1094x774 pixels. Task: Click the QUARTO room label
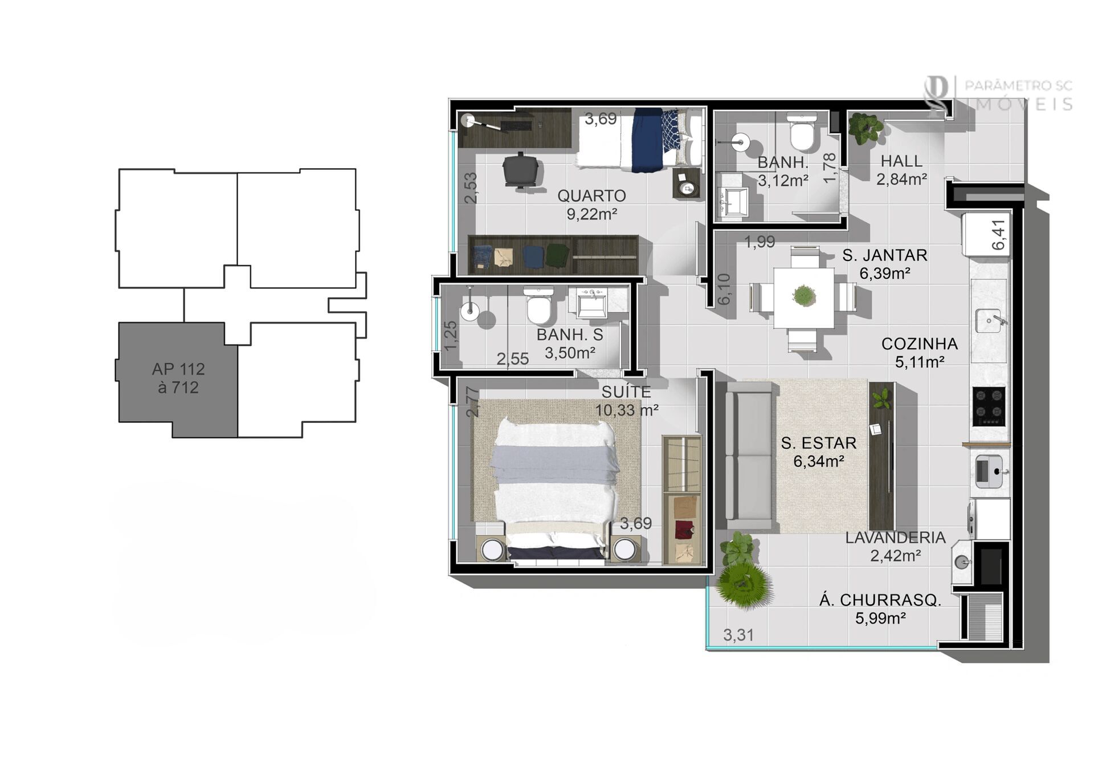[591, 195]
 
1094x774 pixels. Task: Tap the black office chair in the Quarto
[520, 169]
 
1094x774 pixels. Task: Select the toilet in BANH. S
[538, 305]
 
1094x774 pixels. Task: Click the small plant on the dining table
[803, 296]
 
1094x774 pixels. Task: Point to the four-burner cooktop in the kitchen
[989, 406]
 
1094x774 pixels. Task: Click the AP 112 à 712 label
[178, 378]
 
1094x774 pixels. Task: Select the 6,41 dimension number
[999, 234]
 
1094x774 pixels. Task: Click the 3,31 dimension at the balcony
[738, 635]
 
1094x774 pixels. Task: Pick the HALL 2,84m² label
[901, 170]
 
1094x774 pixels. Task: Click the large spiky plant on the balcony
[744, 584]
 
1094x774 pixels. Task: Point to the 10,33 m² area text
[627, 410]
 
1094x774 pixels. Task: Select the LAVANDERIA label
[895, 537]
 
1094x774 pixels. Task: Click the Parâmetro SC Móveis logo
[998, 95]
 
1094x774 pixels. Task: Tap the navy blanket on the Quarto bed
[647, 140]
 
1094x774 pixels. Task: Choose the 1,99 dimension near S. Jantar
[760, 242]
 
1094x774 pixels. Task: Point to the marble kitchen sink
[988, 320]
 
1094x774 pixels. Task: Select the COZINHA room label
[920, 344]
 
